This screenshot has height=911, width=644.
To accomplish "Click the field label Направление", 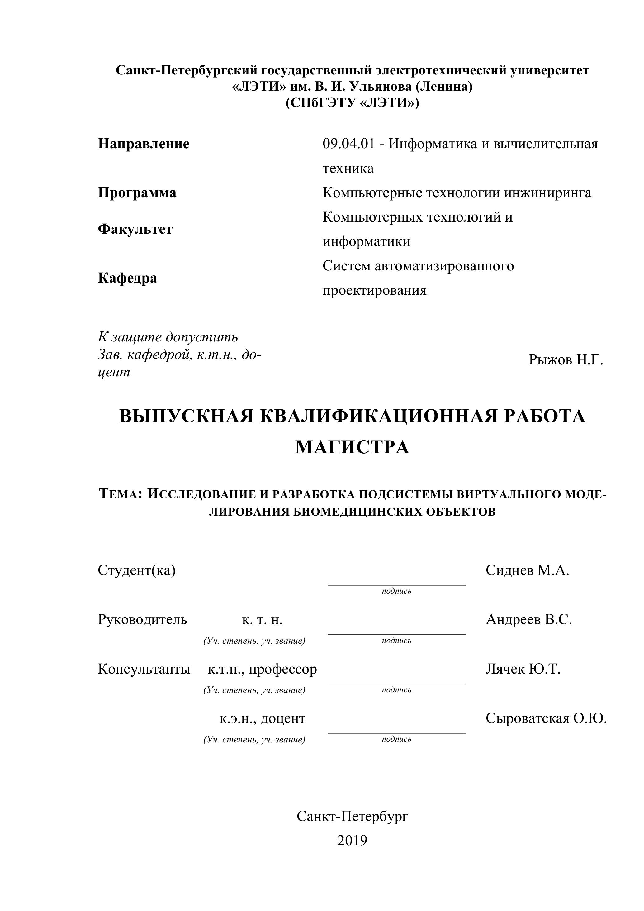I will pyautogui.click(x=144, y=144).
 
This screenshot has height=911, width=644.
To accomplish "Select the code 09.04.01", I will pyautogui.click(x=348, y=144).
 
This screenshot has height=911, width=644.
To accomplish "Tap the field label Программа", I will pyautogui.click(x=137, y=193).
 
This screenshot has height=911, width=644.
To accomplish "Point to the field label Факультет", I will pyautogui.click(x=135, y=229).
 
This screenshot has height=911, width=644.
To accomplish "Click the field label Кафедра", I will pyautogui.click(x=127, y=278).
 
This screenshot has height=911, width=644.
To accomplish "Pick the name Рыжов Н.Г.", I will pyautogui.click(x=566, y=360).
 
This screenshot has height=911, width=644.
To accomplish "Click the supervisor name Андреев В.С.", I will pyautogui.click(x=528, y=619).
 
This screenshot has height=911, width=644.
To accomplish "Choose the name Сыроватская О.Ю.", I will pyautogui.click(x=546, y=718).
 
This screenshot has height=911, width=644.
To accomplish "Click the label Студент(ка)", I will pyautogui.click(x=136, y=570).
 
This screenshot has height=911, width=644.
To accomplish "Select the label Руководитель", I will pyautogui.click(x=142, y=619).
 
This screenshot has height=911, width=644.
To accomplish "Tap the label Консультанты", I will pyautogui.click(x=144, y=669).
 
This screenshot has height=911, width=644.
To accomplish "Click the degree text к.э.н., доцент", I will pyautogui.click(x=263, y=718).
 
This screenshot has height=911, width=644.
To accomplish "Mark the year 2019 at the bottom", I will pyautogui.click(x=352, y=840).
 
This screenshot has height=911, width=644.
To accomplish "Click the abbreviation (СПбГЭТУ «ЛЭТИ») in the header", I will pyautogui.click(x=352, y=103).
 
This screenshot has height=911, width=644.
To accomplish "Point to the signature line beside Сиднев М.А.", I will pyautogui.click(x=396, y=584).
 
